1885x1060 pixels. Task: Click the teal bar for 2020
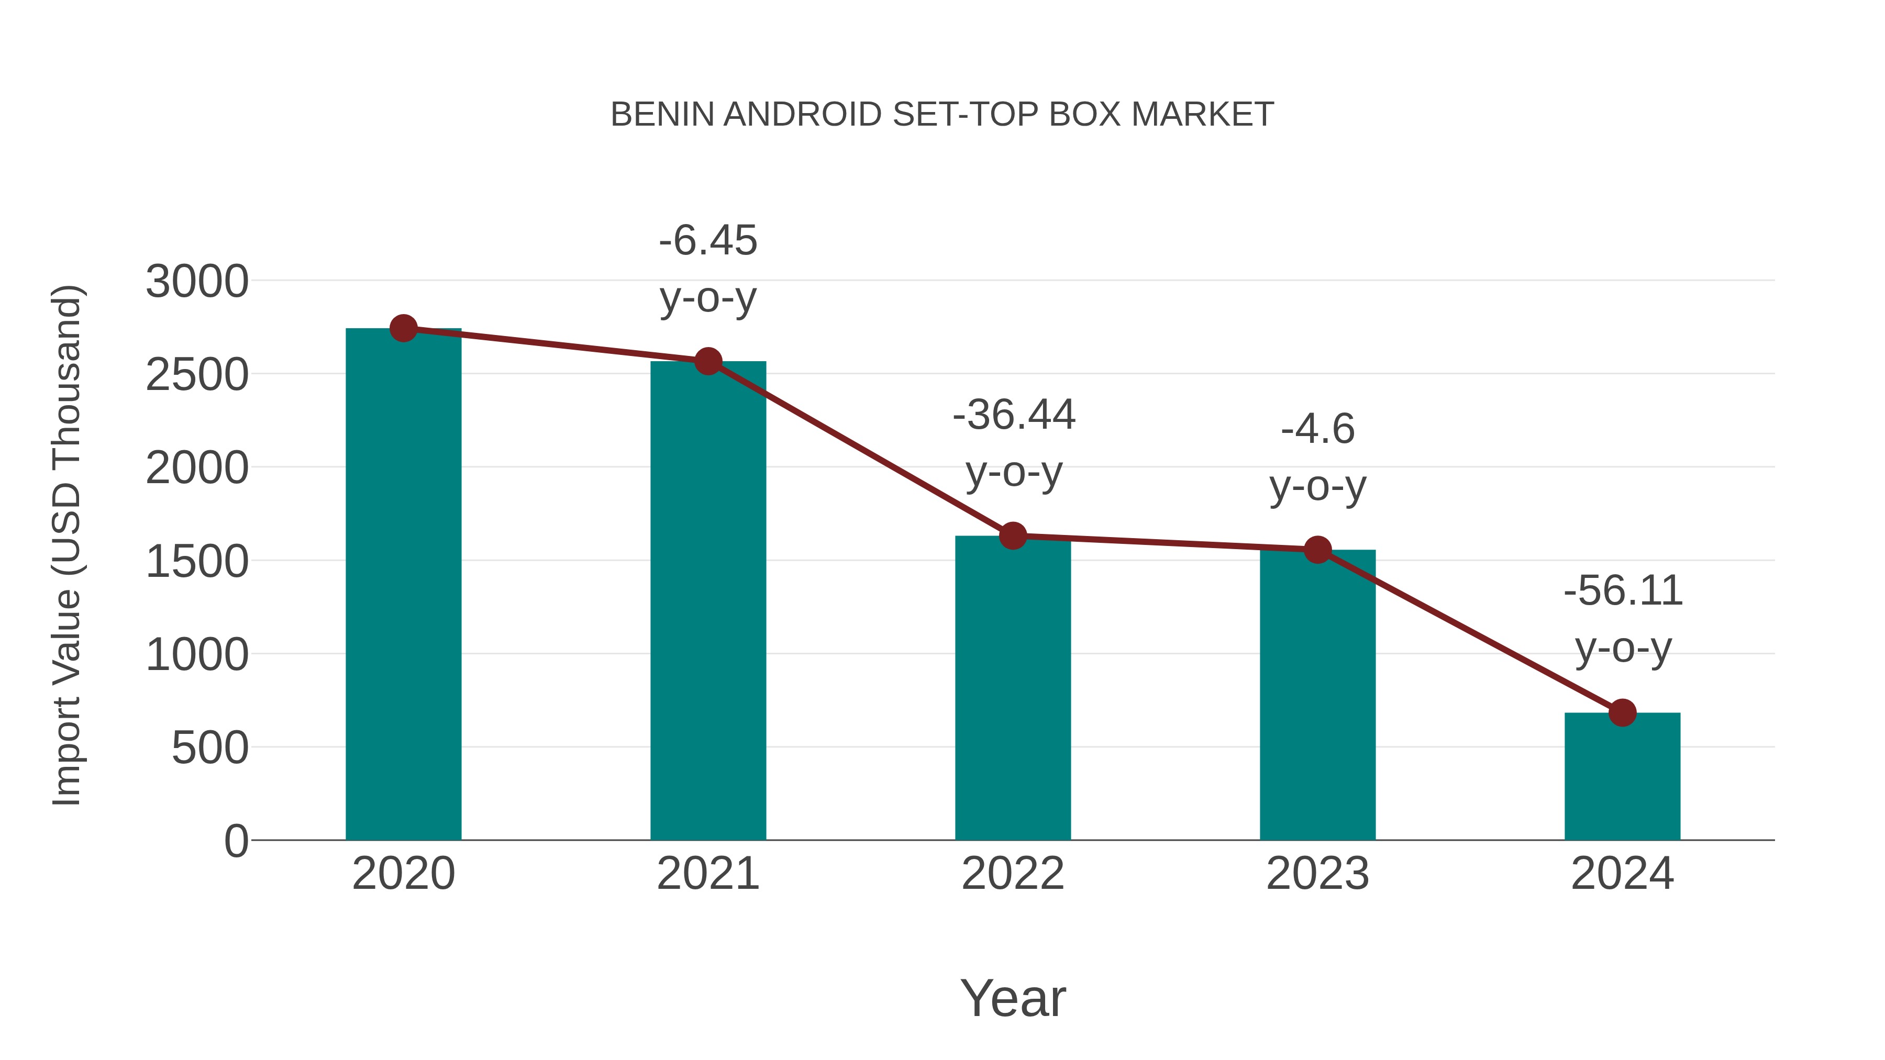click(403, 585)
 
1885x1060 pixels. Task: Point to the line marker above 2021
click(708, 361)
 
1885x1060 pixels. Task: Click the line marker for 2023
click(1318, 550)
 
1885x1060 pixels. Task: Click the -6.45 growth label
click(708, 241)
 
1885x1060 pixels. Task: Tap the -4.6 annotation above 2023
click(1318, 429)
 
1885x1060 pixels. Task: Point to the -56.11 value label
click(1623, 590)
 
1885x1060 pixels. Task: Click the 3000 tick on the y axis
click(197, 282)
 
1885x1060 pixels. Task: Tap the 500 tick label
click(209, 749)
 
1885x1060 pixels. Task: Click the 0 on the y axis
click(236, 841)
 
